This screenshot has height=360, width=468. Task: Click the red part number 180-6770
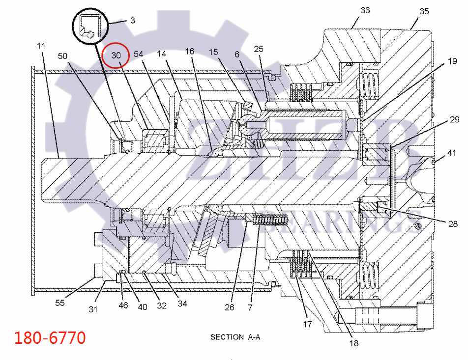[50, 338]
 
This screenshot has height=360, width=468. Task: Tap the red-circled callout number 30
[116, 55]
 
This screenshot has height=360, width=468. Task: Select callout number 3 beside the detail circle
[133, 21]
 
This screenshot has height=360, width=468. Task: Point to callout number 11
[41, 46]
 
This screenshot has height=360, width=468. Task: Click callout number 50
[63, 55]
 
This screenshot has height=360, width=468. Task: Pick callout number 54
[139, 54]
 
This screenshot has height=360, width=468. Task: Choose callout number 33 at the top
[365, 10]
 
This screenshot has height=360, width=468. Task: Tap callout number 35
[424, 10]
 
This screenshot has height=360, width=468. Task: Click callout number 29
[454, 120]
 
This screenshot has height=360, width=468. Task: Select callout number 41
[452, 153]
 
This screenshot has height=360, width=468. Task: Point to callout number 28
[453, 224]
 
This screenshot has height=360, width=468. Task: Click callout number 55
[60, 303]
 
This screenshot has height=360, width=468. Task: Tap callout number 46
[123, 305]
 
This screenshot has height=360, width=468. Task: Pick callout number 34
[182, 304]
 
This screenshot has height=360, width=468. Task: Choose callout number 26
[229, 308]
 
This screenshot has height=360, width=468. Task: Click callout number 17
[307, 324]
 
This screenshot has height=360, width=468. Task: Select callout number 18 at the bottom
[353, 344]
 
